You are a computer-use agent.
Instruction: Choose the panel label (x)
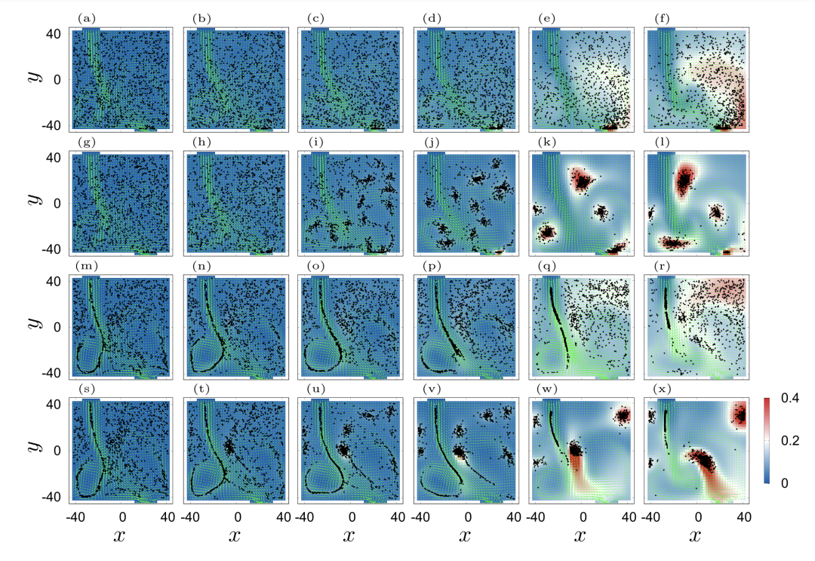[x=656, y=390]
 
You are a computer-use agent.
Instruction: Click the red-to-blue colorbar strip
[x=766, y=440]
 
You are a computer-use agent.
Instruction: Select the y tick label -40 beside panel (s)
[x=54, y=497]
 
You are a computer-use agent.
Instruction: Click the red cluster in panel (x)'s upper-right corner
[x=740, y=414]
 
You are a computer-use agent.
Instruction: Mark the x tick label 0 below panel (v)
[x=467, y=517]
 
